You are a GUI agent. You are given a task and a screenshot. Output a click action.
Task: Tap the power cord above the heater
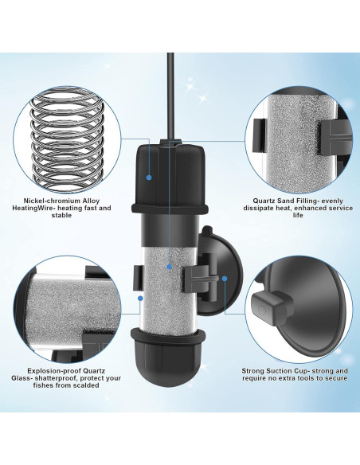tap(170, 88)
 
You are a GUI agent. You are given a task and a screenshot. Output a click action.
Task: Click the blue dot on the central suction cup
tap(225, 279)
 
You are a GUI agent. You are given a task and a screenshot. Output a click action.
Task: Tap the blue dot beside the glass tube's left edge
tap(141, 300)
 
